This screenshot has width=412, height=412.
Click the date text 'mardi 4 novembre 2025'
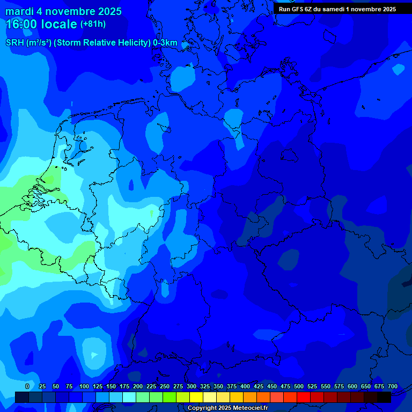click(63, 11)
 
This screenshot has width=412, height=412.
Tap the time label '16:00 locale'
click(42, 24)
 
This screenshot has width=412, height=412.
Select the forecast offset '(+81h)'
click(93, 24)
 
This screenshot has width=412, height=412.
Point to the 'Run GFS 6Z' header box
click(337, 9)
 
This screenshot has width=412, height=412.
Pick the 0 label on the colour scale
click(27, 386)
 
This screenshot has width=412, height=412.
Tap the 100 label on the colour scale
click(84, 386)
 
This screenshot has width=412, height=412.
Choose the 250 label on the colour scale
click(165, 386)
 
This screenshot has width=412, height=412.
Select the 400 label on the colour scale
click(245, 386)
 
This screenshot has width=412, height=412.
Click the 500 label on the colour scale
click(299, 386)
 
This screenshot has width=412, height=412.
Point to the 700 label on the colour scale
click(393, 386)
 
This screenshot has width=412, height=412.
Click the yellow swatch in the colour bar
click(196, 397)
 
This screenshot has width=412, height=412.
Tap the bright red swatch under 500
click(304, 397)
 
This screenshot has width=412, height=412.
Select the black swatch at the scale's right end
click(384, 397)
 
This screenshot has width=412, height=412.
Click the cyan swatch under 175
click(129, 397)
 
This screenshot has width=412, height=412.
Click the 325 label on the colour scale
click(205, 386)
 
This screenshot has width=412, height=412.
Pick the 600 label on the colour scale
click(352, 386)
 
